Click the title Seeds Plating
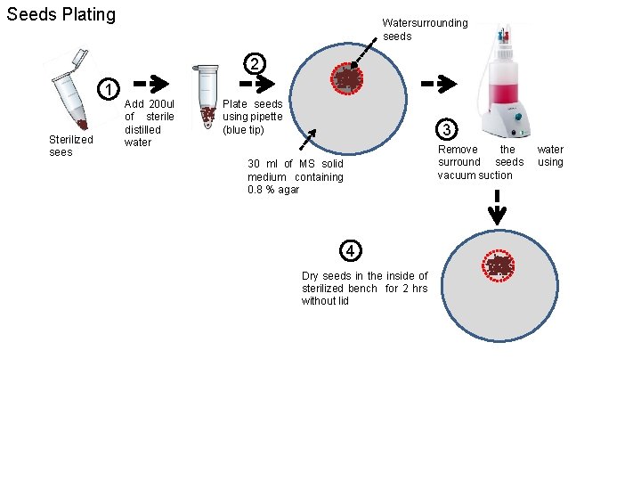61,15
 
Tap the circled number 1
109,89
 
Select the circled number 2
255,64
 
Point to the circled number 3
446,129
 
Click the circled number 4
351,250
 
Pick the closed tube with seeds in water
207,96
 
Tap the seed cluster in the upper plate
346,78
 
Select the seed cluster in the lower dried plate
498,265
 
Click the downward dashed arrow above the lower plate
497,208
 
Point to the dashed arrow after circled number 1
151,84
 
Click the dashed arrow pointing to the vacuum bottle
439,84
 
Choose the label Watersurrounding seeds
425,29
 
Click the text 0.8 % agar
273,190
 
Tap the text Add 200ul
150,104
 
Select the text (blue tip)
243,130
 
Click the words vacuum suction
475,175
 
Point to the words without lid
325,301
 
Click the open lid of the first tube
80,57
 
